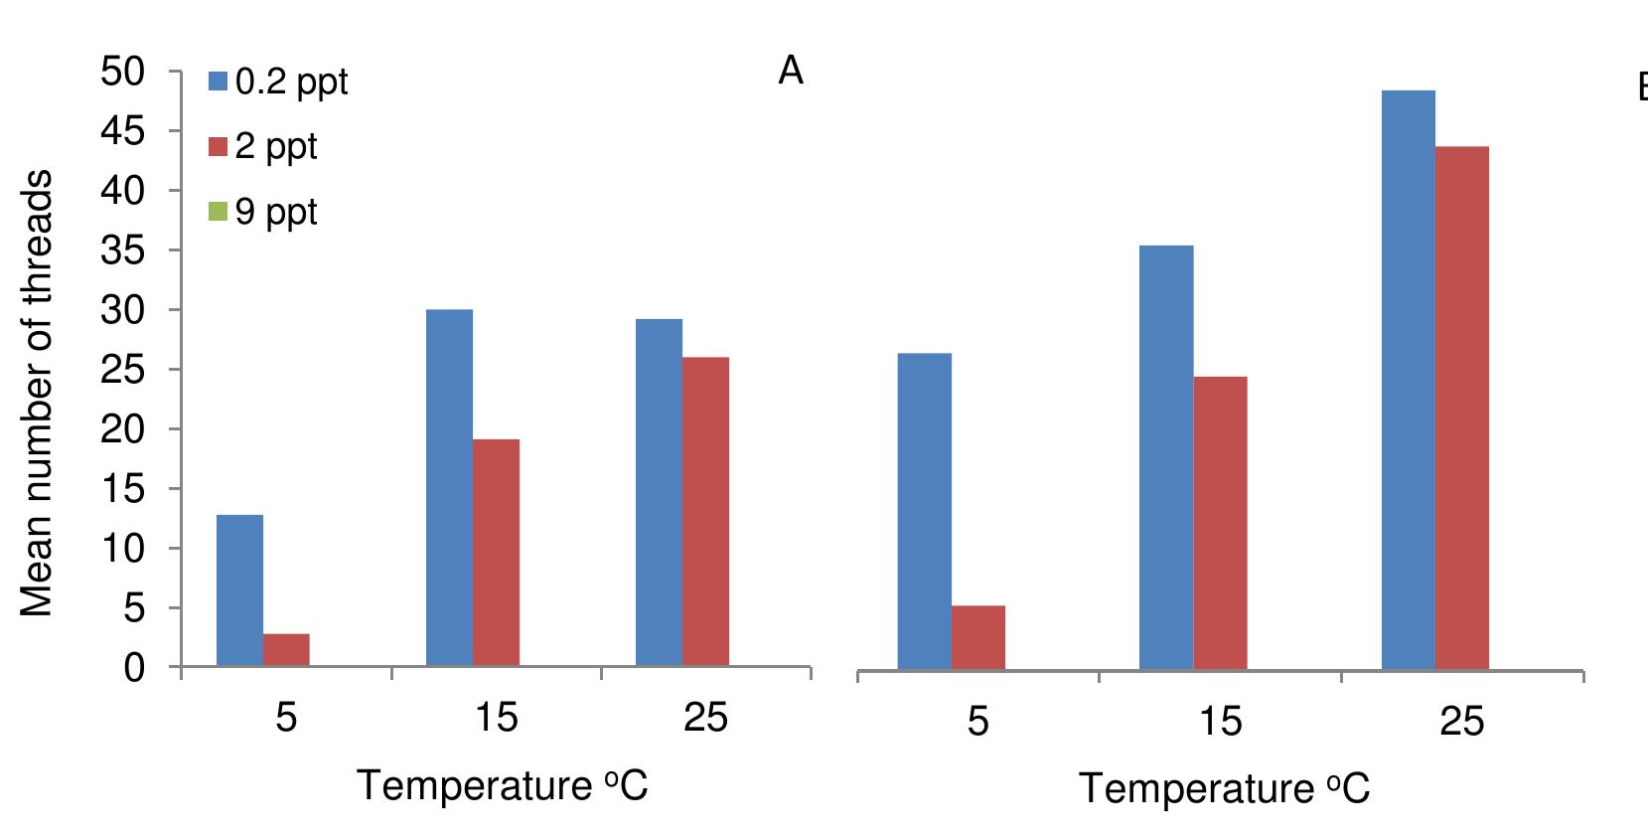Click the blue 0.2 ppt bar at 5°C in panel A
239,590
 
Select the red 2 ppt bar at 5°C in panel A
286,650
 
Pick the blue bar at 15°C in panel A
449,487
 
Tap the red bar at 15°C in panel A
496,553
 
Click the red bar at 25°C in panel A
705,511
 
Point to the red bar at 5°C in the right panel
977,637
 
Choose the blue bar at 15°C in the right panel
1166,457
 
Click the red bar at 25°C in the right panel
1461,408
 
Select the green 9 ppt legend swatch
218,212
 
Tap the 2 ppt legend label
275,147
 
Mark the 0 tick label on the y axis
134,668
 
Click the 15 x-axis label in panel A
496,717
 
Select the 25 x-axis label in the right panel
1461,722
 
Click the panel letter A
790,71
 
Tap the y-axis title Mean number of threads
37,393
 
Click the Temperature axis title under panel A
503,786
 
